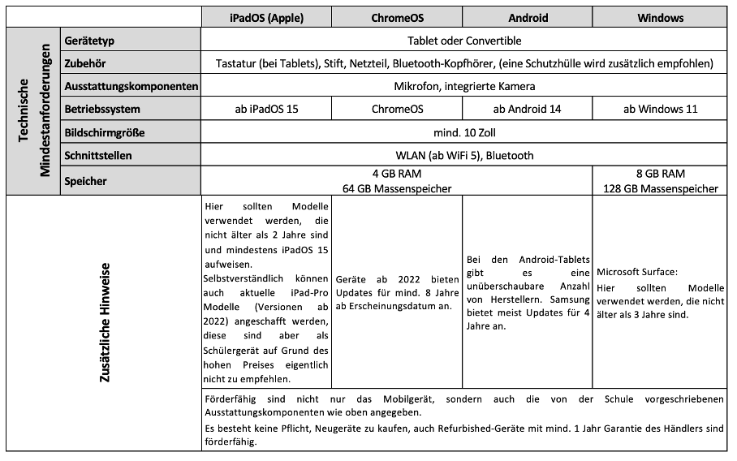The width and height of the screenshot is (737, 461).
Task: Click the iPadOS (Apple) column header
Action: [266, 17]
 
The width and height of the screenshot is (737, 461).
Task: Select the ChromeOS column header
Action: [397, 17]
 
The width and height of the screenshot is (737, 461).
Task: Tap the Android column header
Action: [528, 17]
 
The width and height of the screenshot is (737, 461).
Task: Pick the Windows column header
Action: [660, 17]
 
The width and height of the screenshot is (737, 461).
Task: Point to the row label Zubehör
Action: [85, 62]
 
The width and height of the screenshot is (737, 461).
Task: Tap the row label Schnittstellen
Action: [98, 155]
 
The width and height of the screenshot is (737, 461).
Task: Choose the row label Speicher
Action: [85, 181]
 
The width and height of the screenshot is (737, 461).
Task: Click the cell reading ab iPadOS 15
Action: [266, 109]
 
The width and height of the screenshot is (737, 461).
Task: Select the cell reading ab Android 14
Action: [528, 109]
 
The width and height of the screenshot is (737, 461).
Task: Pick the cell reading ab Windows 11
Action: [660, 109]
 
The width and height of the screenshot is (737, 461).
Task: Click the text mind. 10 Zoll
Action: [464, 132]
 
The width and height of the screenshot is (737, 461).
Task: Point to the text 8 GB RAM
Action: [661, 174]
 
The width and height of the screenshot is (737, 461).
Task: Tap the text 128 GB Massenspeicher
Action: [661, 188]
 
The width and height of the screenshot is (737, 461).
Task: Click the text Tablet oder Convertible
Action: [464, 40]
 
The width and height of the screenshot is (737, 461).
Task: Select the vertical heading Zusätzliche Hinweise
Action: [105, 322]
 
